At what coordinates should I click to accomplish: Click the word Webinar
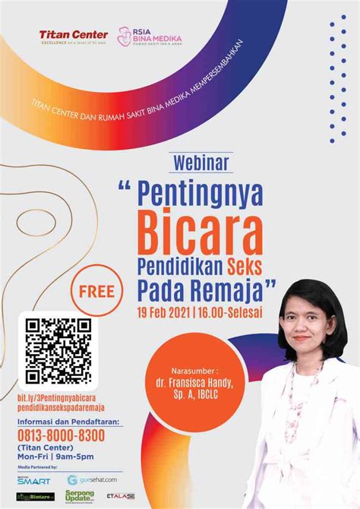pyautogui.click(x=201, y=162)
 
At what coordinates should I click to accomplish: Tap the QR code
pyautogui.click(x=58, y=351)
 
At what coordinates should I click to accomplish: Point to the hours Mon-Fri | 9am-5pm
pyautogui.click(x=55, y=457)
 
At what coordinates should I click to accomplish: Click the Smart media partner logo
pyautogui.click(x=33, y=480)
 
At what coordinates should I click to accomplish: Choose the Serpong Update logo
pyautogui.click(x=80, y=496)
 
